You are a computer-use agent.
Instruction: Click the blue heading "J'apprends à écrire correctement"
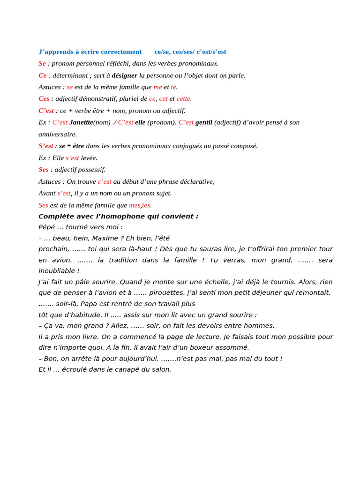90,52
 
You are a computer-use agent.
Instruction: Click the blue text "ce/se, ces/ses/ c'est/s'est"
190,52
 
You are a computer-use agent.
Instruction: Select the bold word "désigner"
124,75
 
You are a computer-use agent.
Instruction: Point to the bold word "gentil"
204,122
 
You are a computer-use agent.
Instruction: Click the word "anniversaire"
57,135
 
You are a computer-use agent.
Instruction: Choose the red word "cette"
183,99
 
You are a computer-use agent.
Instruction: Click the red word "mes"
135,205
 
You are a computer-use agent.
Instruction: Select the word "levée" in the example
89,158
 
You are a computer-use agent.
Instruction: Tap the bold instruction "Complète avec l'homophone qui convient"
118,217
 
